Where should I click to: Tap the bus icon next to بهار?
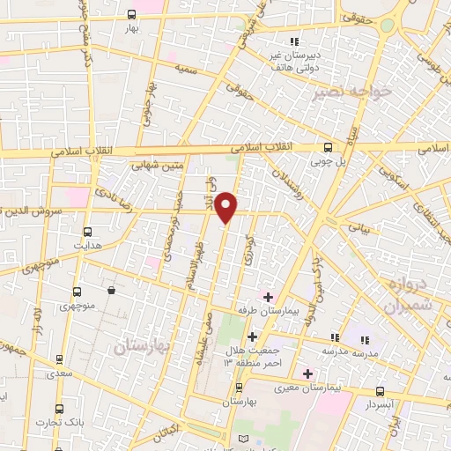coord(131,14)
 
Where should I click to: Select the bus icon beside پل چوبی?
coord(328,147)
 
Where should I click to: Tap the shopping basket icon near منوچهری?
coord(111,291)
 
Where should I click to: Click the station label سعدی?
coord(58,374)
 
